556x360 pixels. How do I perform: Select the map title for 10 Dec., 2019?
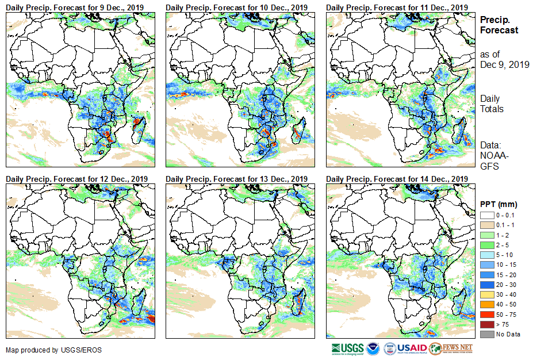click(237, 7)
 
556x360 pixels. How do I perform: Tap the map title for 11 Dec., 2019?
click(397, 7)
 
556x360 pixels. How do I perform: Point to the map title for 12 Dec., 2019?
click(77, 179)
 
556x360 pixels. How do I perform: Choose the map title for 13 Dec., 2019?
click(237, 179)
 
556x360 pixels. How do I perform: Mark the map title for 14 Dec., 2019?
click(397, 179)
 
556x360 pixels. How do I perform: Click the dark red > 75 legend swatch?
click(486, 324)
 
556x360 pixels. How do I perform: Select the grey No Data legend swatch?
click(486, 334)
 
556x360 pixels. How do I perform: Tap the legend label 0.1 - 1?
click(507, 225)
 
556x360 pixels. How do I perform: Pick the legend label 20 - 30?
click(507, 285)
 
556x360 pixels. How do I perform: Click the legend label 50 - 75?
click(507, 315)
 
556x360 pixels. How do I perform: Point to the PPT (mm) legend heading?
click(499, 204)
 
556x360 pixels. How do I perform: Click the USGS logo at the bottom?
click(347, 348)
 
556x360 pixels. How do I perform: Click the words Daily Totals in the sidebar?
click(492, 104)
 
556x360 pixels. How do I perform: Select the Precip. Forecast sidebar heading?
click(499, 25)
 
